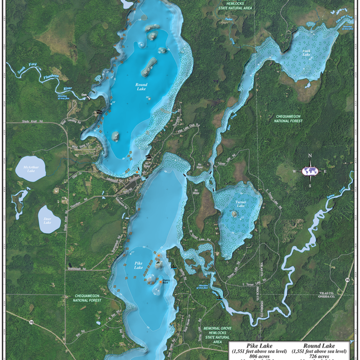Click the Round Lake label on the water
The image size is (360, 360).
pyautogui.click(x=141, y=87)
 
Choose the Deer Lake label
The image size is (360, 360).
pyautogui.click(x=47, y=221)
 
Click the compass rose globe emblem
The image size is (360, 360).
pyautogui.click(x=310, y=171)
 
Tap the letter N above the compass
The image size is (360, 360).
pyautogui.click(x=310, y=156)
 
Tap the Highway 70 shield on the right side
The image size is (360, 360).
pyautogui.click(x=347, y=279)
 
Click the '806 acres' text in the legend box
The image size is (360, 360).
pyautogui.click(x=257, y=357)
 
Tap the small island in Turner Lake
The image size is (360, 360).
pyautogui.click(x=234, y=213)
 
